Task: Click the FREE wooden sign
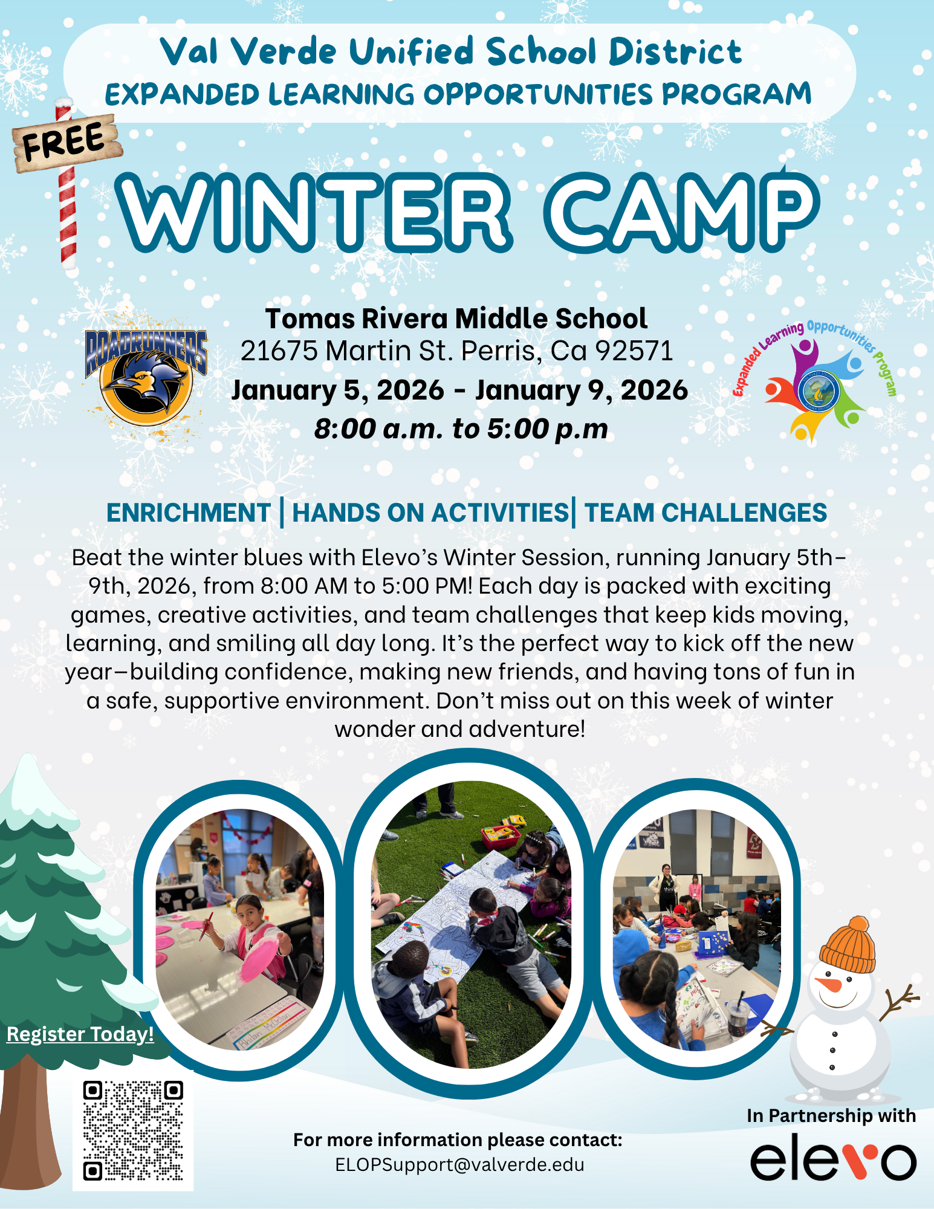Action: [66, 142]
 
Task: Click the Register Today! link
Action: [80, 1034]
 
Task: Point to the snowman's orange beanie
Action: [848, 944]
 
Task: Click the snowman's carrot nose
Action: [828, 984]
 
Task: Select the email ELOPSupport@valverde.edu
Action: [459, 1165]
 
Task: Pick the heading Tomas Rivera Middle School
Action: [456, 319]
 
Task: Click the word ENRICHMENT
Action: [189, 513]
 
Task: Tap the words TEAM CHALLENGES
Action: [705, 513]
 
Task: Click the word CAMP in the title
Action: [681, 212]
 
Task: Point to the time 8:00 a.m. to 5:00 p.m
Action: [461, 429]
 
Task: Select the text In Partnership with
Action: [831, 1115]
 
